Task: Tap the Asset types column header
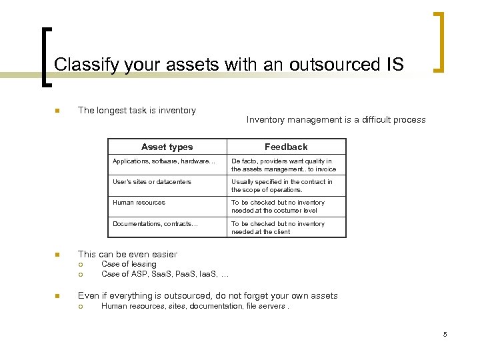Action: (x=167, y=147)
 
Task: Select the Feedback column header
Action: (x=286, y=147)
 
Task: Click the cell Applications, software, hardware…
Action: (x=164, y=161)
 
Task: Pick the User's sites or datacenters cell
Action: (x=152, y=182)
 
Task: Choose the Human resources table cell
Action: (x=139, y=203)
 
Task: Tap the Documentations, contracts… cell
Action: (x=155, y=224)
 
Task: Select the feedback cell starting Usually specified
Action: (x=282, y=186)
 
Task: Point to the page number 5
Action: (x=445, y=334)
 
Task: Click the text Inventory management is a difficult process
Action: (x=336, y=120)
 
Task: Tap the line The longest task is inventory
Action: (x=137, y=111)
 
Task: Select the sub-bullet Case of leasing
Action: (x=129, y=264)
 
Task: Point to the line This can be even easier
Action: (x=127, y=254)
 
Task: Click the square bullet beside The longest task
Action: (x=57, y=111)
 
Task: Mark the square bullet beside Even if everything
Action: (x=57, y=296)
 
